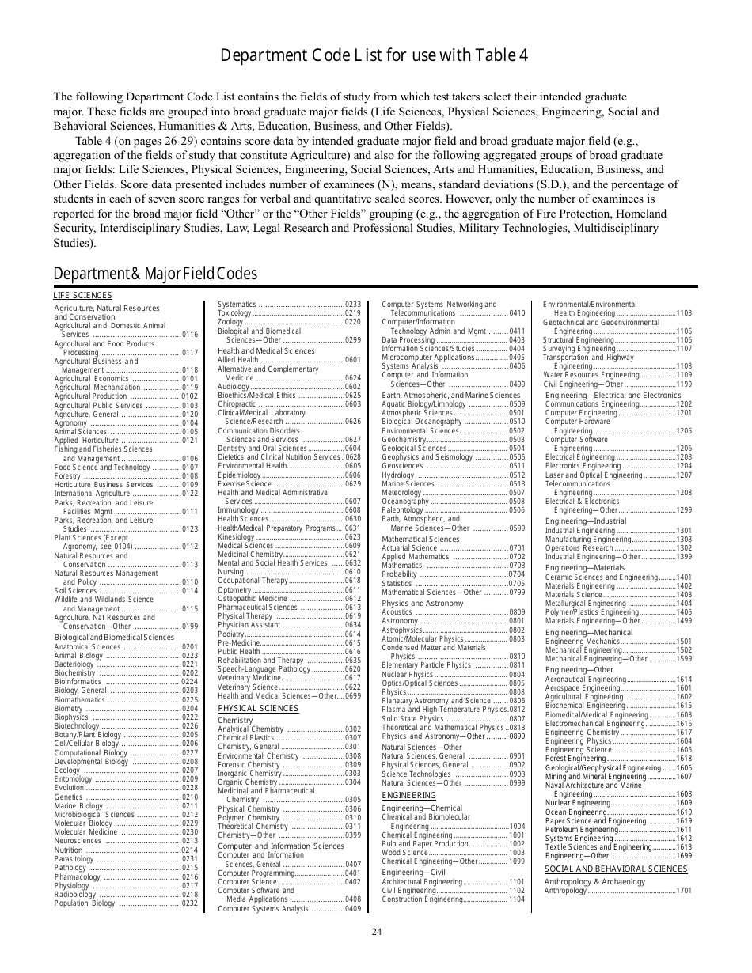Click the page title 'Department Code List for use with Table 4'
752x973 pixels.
[x=374, y=55]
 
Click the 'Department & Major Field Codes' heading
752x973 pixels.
[x=155, y=274]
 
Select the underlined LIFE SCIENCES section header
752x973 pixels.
[x=83, y=295]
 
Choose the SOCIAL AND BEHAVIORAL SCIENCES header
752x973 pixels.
[x=616, y=869]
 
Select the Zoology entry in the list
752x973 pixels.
[x=230, y=322]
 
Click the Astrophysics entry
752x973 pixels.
[x=402, y=630]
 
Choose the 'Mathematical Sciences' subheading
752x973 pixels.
[x=421, y=539]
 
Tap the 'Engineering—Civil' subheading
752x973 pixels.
[x=414, y=871]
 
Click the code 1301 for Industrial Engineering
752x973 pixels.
[x=684, y=530]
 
